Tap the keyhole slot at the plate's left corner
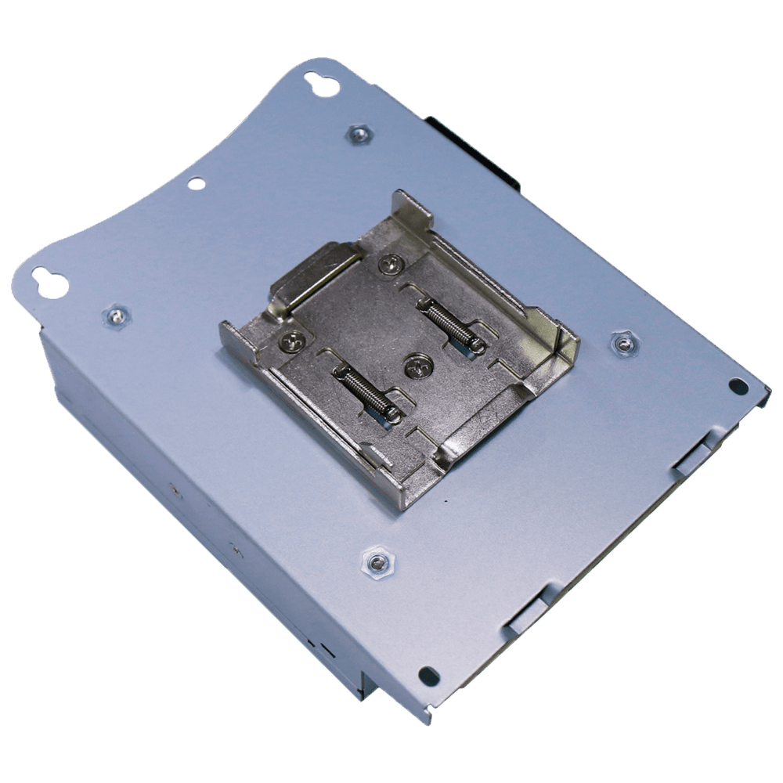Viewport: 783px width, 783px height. click(49, 283)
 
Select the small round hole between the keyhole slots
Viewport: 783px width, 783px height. click(197, 183)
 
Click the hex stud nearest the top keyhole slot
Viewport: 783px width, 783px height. click(359, 134)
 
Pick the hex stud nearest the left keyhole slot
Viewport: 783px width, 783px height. click(117, 316)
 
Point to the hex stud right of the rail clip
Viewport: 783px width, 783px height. click(622, 343)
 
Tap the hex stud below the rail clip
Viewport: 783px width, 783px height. click(377, 561)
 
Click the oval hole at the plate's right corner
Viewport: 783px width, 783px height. click(738, 385)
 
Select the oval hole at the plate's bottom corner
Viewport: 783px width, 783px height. click(428, 675)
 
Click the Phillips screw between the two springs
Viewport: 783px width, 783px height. click(415, 364)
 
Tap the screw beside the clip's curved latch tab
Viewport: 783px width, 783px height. click(389, 265)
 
